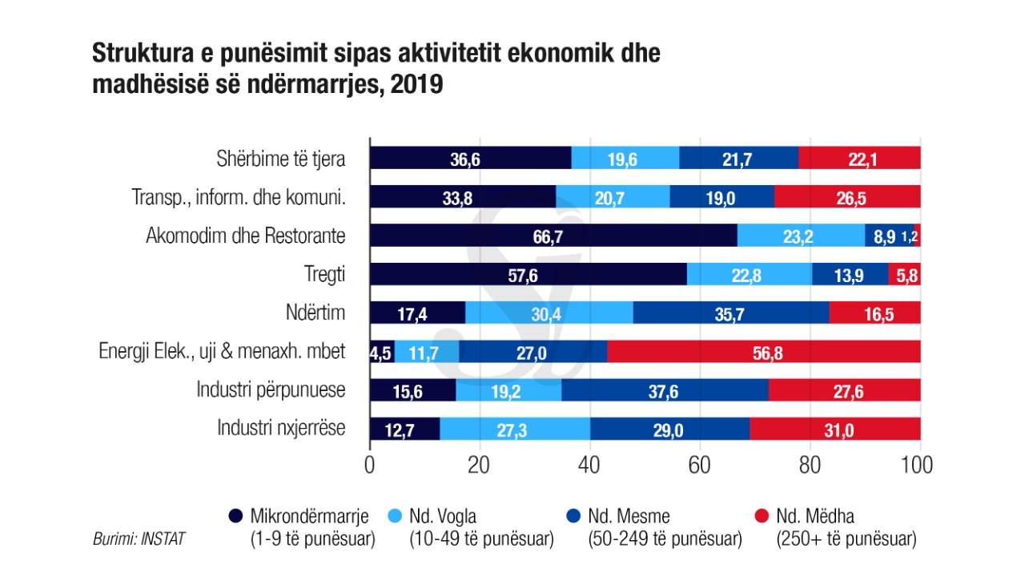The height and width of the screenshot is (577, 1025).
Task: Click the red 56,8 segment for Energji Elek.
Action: tap(764, 352)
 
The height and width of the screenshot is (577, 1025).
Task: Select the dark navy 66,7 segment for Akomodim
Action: tap(553, 236)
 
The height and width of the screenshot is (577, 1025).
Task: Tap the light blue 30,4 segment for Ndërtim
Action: tap(548, 313)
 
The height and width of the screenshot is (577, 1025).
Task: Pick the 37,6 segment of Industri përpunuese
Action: tap(665, 390)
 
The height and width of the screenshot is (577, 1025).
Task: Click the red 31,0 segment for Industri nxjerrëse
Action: tap(834, 430)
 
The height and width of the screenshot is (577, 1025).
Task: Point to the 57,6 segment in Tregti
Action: tap(528, 274)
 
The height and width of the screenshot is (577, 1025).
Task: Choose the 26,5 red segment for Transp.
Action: tap(847, 197)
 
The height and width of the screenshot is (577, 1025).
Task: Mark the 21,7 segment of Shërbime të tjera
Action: tap(738, 158)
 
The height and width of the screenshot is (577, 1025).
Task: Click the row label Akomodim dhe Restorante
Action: tap(245, 236)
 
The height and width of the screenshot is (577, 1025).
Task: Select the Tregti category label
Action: tap(325, 274)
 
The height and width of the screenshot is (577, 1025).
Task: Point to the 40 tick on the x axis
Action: tap(589, 466)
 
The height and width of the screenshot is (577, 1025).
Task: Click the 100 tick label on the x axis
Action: tap(916, 466)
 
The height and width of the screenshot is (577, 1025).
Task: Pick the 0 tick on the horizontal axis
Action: tap(370, 466)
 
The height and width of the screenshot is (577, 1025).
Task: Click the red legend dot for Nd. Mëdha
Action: tap(762, 516)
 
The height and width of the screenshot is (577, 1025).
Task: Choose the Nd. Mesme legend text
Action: tap(629, 516)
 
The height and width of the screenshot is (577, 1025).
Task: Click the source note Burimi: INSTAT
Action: tap(139, 539)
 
